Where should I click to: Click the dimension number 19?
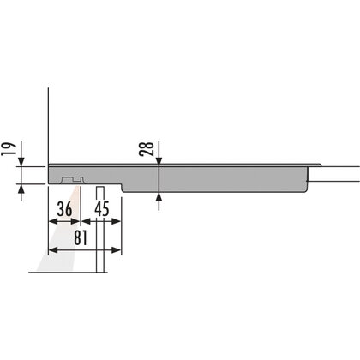(x=9, y=148)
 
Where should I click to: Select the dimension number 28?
(x=147, y=148)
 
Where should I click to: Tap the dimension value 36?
(x=64, y=209)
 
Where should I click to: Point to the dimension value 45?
(x=102, y=209)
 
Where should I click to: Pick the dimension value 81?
(x=81, y=237)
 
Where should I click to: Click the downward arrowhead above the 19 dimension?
(x=21, y=161)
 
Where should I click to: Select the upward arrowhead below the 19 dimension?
(x=21, y=189)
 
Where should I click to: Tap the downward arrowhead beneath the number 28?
(x=159, y=160)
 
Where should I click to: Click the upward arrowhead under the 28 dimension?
(x=159, y=197)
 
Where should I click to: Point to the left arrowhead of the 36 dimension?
(x=54, y=221)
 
